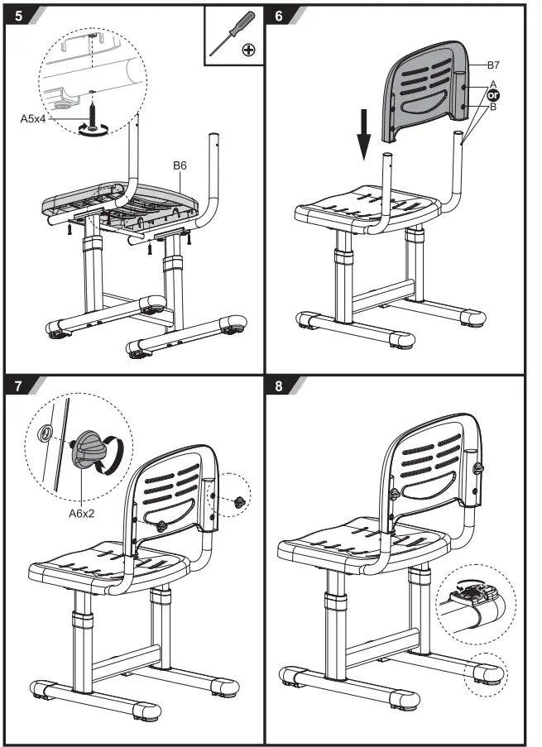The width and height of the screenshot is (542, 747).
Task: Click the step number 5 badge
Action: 17,16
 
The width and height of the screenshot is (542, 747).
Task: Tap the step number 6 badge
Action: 279,16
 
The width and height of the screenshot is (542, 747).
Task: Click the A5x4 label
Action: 36,118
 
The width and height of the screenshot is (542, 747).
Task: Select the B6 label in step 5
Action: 180,165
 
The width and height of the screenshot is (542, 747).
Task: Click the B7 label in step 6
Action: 494,64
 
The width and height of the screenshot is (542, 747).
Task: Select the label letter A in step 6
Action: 494,84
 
